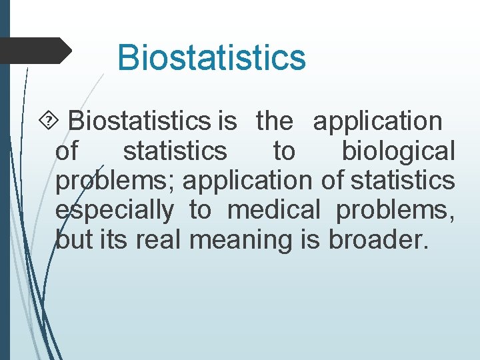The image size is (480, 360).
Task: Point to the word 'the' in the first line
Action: pyautogui.click(x=274, y=121)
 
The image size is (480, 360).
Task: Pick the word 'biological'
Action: pyautogui.click(x=399, y=151)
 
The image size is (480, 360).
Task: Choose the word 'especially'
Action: pyautogui.click(x=114, y=211)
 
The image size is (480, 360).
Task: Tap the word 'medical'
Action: pyautogui.click(x=274, y=210)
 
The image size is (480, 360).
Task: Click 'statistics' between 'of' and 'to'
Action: pyautogui.click(x=175, y=151)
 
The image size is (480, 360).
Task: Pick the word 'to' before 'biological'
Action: pyautogui.click(x=284, y=151)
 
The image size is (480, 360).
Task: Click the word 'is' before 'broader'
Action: pyautogui.click(x=311, y=239)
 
